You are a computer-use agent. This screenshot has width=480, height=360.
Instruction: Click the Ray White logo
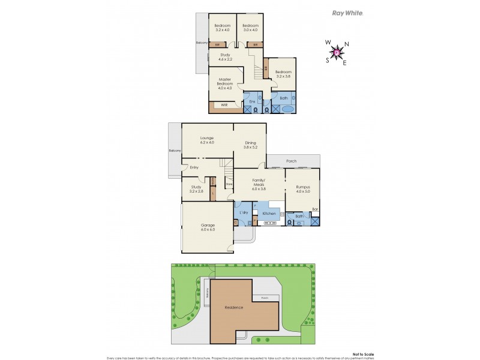pos(347,13)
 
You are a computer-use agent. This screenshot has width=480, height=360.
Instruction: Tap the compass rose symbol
pos(337,53)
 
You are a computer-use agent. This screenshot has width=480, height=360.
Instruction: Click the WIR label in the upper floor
pos(224,106)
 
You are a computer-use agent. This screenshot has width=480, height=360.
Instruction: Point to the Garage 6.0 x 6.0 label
pos(208,227)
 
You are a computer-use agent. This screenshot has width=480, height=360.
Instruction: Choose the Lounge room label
pos(206,140)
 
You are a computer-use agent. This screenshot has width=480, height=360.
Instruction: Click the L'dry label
pos(244,213)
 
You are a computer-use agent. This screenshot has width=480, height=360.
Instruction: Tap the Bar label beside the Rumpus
pos(314,209)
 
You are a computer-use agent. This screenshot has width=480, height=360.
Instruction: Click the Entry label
pos(194,167)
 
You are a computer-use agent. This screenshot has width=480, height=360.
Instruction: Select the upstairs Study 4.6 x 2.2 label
pos(225,58)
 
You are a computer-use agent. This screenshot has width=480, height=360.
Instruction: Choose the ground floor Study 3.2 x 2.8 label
pos(196,189)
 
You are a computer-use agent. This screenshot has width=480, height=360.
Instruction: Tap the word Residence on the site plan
pos(234,307)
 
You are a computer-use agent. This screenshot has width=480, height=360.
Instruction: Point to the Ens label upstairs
pos(253,101)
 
